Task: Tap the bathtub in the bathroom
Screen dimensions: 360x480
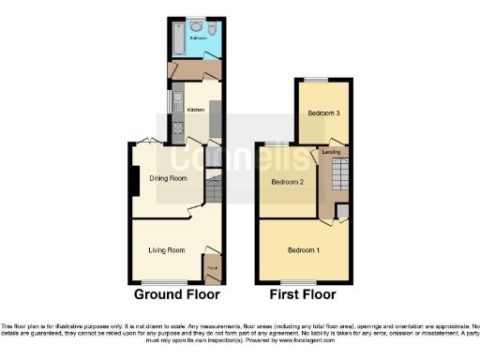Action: [x=178, y=40]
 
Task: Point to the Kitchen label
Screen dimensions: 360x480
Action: [x=196, y=110]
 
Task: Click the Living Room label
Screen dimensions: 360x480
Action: [x=167, y=250]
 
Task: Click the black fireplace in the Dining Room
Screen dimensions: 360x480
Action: [x=136, y=179]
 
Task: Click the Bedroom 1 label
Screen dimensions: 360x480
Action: [x=303, y=250]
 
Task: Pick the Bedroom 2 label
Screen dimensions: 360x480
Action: [x=288, y=182]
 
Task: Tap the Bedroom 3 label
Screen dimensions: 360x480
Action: [x=323, y=113]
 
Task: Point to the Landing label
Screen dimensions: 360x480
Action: [x=331, y=151]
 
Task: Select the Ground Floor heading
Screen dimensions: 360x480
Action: [x=176, y=294]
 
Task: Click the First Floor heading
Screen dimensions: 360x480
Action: [x=303, y=294]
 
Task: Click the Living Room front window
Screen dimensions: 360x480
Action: [x=167, y=282]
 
